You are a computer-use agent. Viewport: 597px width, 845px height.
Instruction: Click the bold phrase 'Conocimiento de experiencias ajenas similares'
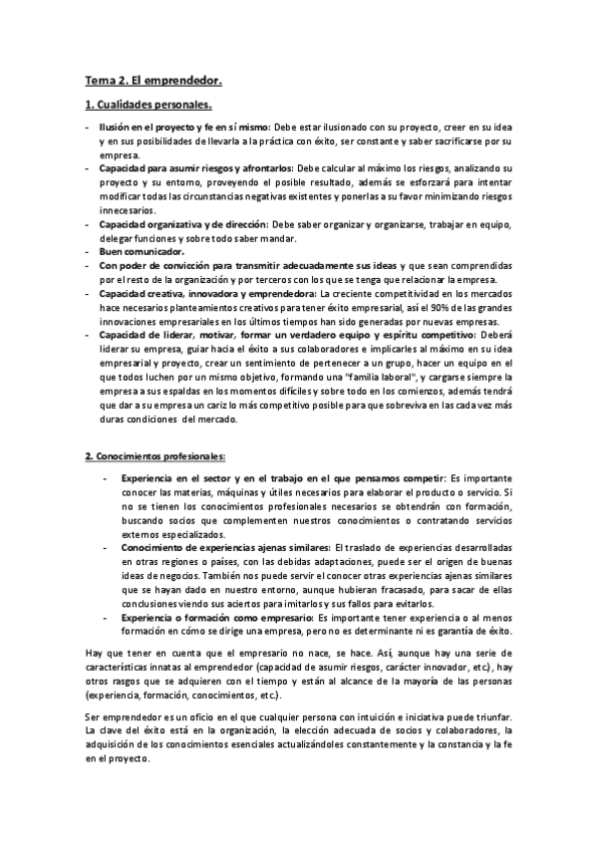coord(225,547)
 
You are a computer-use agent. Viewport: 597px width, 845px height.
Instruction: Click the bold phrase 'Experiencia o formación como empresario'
coord(215,617)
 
